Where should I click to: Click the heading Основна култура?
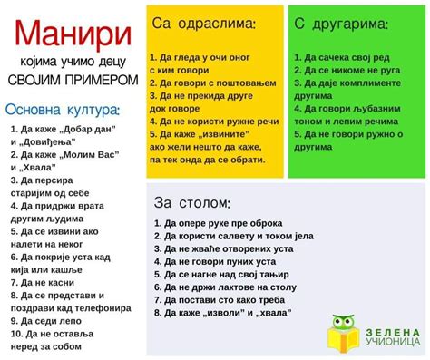click(x=63, y=110)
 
